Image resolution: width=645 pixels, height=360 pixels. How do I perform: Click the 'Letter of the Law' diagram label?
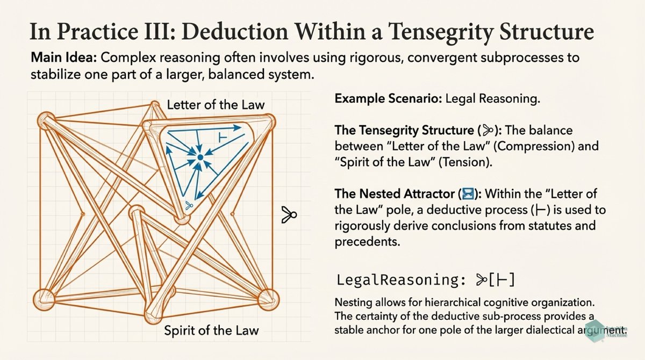tap(216, 104)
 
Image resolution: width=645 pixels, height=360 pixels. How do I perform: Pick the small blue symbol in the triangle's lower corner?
tap(188, 205)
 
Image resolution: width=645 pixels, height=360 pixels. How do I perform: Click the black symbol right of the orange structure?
tap(289, 215)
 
